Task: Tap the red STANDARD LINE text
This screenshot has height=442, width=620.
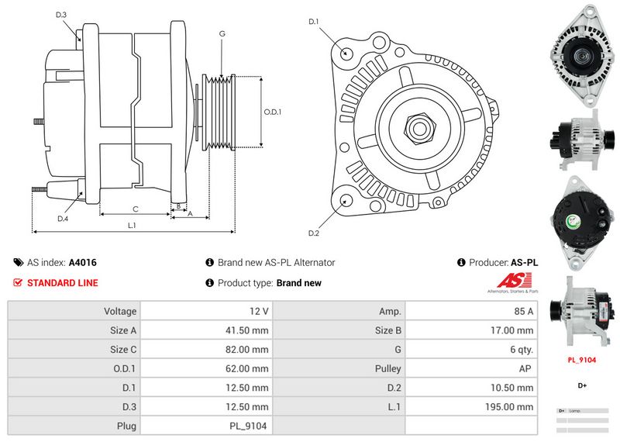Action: pos(62,283)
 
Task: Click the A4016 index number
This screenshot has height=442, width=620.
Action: pos(83,263)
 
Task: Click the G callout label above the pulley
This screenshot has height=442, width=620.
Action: pos(222,33)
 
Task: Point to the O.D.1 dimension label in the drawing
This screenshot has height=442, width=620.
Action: pos(273,112)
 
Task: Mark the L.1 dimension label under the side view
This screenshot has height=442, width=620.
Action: pos(132,225)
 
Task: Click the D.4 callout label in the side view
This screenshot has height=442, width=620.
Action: pos(63,219)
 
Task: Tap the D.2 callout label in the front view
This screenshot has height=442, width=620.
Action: pos(314,233)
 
